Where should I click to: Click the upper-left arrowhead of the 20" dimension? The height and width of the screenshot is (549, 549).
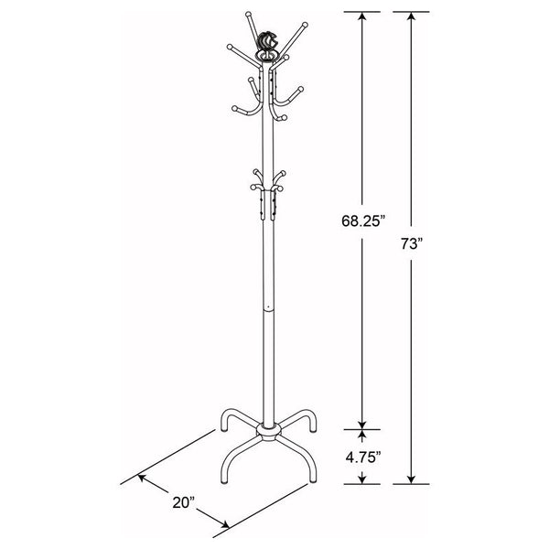pos(141,478)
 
